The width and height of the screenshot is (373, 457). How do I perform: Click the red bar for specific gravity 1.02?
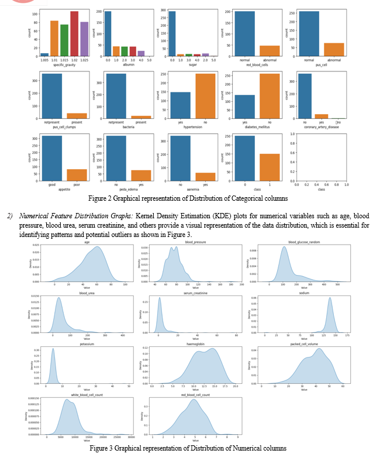[74, 34]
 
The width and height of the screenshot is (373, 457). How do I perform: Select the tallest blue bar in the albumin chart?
[108, 33]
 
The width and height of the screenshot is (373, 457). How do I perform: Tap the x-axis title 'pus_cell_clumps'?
[57, 126]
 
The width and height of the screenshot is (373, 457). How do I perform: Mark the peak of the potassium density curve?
[53, 350]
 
